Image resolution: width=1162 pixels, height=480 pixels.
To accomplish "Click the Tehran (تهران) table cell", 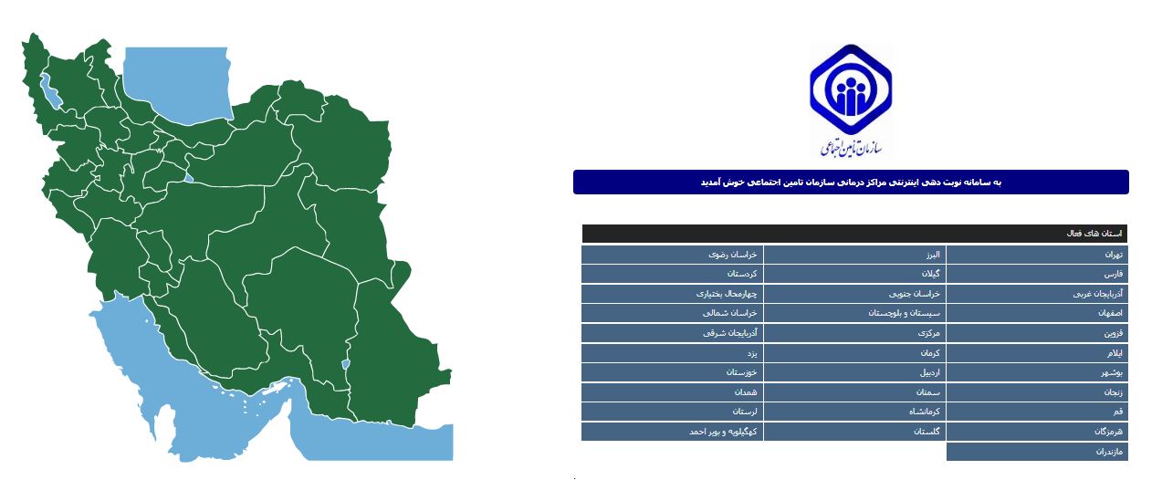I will [1037, 255].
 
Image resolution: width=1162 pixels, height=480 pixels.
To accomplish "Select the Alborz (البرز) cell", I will [854, 255].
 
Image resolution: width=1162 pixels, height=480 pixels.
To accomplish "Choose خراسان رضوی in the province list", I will [672, 255].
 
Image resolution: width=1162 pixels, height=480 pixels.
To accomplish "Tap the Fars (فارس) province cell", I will [1037, 274].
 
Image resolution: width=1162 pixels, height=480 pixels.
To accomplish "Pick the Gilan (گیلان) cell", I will [854, 274].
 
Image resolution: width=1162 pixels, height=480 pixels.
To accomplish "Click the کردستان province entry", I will [672, 274].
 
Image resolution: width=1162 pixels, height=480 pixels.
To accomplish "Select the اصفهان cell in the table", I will [1037, 313].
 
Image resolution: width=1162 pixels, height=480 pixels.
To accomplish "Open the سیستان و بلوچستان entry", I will [854, 313].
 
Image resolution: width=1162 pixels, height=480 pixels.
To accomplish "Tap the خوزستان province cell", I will [672, 372].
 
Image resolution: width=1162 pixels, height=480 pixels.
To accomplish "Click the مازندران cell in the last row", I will [1037, 452].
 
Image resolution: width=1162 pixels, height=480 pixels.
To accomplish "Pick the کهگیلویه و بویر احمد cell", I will [672, 432].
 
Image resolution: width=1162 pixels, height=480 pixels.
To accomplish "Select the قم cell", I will [1037, 412].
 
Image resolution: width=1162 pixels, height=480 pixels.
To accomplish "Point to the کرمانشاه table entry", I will [854, 412].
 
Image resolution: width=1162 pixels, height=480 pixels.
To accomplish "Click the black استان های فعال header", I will [854, 234].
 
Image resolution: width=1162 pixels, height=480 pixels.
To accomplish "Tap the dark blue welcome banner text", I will [851, 183].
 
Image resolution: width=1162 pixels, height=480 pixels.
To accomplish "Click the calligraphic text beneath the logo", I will [853, 147].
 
